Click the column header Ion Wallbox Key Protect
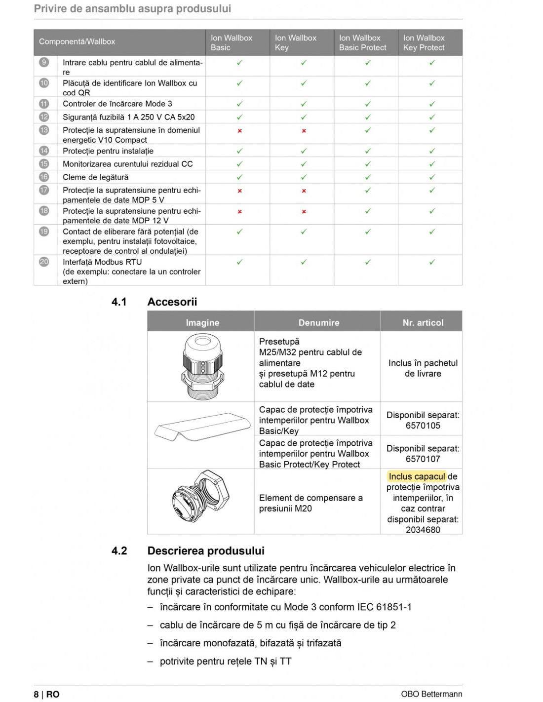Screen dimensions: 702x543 [424, 42]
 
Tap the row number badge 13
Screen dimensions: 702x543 [44, 130]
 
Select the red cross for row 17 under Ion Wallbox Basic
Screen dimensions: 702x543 [239, 191]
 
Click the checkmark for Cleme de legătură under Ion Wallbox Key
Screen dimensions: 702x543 [304, 177]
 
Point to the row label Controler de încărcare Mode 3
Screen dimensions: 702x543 [117, 104]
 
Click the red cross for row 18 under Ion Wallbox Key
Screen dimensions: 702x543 [304, 212]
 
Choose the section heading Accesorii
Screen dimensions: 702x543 [172, 302]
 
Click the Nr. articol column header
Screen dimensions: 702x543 [423, 323]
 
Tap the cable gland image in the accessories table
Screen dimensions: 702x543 [201, 366]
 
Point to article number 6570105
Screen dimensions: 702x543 [423, 426]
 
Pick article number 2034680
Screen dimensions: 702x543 [423, 530]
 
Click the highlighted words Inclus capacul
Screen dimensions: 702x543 [417, 476]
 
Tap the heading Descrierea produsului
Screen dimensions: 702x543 [205, 551]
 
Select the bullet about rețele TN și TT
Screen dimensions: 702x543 [225, 661]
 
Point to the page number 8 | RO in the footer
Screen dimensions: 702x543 [46, 694]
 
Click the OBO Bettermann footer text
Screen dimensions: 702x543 [431, 694]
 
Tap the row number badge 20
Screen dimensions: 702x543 [44, 262]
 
